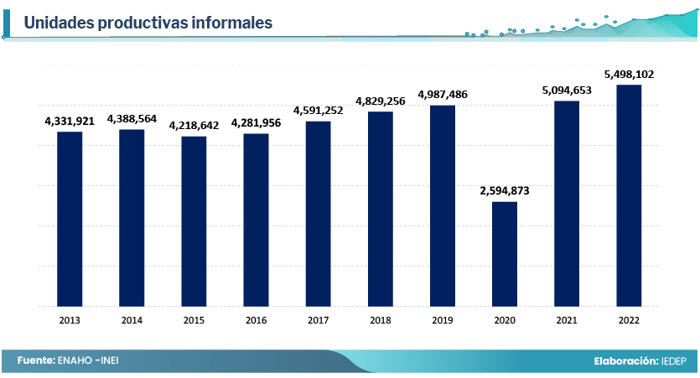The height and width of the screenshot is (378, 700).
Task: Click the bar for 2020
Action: (x=505, y=254)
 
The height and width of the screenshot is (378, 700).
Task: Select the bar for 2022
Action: (x=629, y=195)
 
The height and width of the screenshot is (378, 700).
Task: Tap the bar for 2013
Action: (x=70, y=219)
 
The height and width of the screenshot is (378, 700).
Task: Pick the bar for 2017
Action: (x=318, y=214)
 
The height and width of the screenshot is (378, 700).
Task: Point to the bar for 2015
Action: (x=194, y=221)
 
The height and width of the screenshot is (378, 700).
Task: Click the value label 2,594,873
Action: (x=505, y=191)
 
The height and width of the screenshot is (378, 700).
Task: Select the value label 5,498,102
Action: (x=629, y=74)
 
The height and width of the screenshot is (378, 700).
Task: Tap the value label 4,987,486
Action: (x=443, y=94)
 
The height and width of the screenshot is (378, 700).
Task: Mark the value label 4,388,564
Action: (x=132, y=119)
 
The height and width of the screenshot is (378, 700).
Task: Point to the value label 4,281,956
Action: (x=256, y=123)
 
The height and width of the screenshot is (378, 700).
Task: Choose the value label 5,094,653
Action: (x=567, y=90)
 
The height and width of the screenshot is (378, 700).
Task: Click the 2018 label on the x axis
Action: (x=380, y=320)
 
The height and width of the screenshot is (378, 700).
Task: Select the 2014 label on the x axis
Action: (x=132, y=320)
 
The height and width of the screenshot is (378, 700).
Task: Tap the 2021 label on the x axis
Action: (x=567, y=320)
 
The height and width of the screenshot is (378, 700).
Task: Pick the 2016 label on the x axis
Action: (x=256, y=320)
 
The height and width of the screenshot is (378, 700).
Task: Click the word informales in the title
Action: (x=231, y=23)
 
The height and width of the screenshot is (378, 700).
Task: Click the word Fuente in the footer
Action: (x=35, y=360)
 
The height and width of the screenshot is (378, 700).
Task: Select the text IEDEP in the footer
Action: (x=672, y=360)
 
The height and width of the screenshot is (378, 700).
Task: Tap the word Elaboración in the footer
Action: (x=625, y=360)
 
